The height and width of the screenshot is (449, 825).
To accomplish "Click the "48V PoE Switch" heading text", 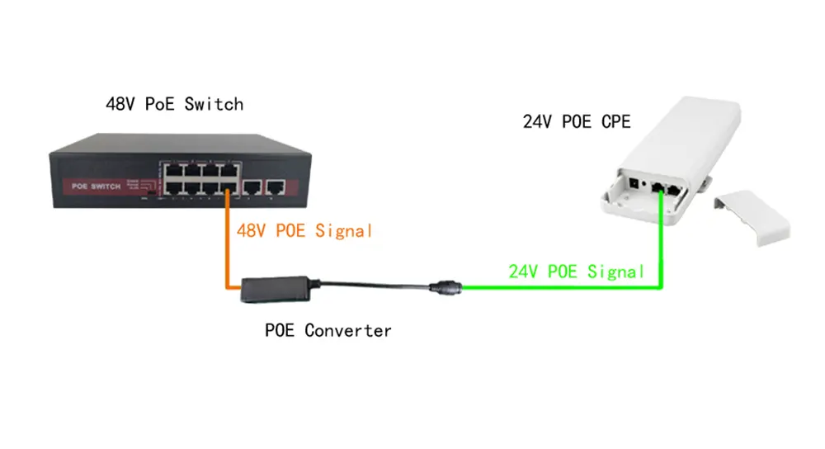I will [x=174, y=104].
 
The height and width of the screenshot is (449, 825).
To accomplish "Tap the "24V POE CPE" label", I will [x=576, y=122].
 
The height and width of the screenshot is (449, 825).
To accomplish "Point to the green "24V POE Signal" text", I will [x=577, y=271].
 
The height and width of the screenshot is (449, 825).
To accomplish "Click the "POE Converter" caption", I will [x=328, y=331].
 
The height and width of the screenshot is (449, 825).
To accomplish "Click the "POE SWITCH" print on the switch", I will [x=97, y=186].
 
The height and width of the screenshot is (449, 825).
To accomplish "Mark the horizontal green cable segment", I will [x=561, y=287].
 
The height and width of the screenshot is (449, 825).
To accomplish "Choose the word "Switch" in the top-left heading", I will [x=214, y=104].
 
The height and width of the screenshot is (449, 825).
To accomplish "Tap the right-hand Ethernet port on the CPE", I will [x=673, y=190].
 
